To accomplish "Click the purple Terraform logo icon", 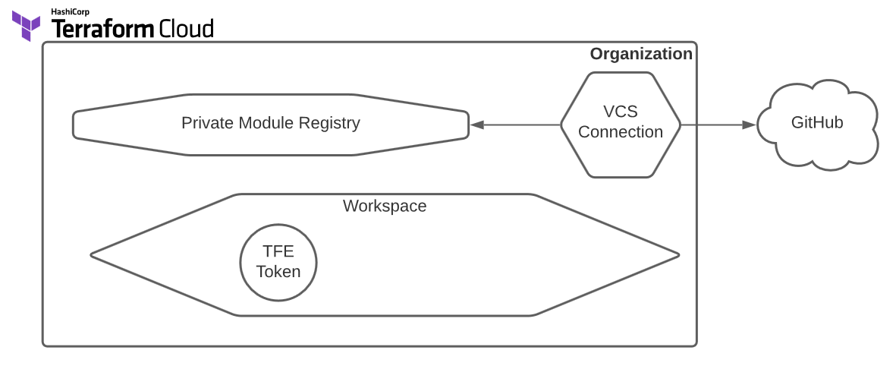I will click(26, 26).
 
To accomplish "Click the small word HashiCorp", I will click(70, 11).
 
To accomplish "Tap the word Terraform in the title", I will click(102, 29).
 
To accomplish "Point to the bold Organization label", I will click(640, 54).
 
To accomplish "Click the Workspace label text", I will click(384, 206).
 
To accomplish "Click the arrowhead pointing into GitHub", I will click(750, 125).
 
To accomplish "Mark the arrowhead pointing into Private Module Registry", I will click(476, 125).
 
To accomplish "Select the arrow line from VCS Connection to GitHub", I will click(713, 125).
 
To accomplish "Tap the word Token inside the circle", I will click(278, 272).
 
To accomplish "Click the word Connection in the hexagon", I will click(620, 132).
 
